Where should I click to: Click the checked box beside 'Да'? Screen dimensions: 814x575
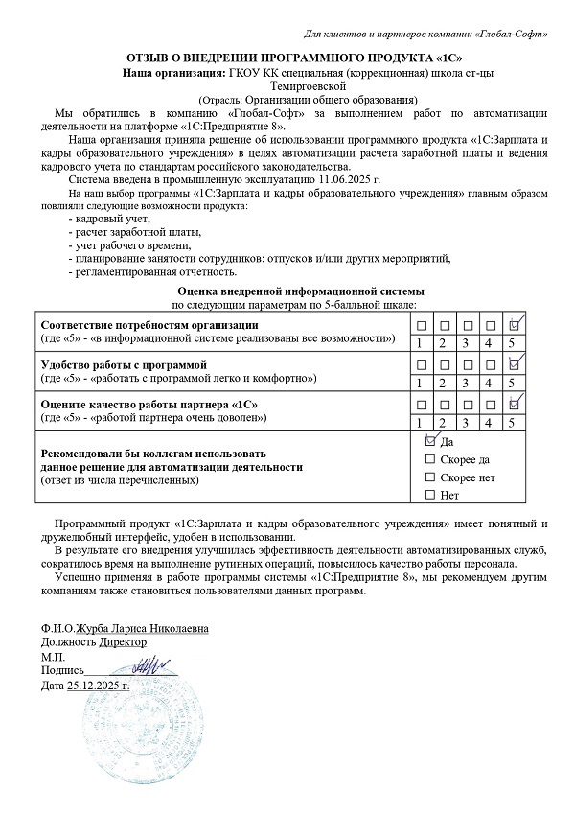point(429,440)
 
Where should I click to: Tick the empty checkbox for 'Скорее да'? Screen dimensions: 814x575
point(429,459)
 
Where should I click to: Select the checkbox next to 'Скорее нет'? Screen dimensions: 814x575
point(429,477)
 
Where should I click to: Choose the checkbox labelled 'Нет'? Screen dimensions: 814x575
point(429,495)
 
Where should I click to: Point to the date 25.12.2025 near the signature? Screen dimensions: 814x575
point(99,686)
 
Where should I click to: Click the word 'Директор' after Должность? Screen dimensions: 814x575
point(124,643)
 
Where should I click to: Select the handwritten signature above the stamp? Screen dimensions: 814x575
point(144,663)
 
